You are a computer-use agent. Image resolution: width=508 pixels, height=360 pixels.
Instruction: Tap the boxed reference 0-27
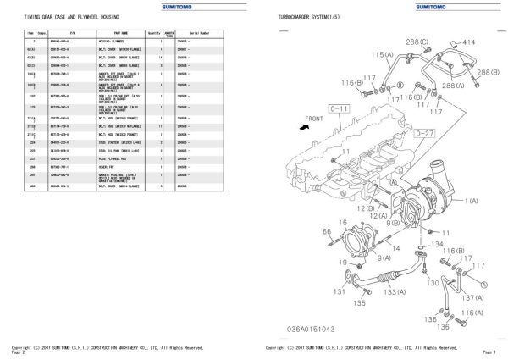click(x=424, y=133)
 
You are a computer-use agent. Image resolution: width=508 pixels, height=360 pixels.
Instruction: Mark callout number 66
click(x=326, y=230)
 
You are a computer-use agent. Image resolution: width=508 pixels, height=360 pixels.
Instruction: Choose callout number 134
click(x=436, y=243)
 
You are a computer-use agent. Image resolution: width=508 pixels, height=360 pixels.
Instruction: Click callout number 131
click(x=339, y=292)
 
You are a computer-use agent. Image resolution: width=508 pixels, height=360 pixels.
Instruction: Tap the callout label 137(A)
click(x=474, y=297)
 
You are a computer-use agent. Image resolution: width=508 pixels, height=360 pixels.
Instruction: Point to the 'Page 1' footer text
click(x=489, y=351)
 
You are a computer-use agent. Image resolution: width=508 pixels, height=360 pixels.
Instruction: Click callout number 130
click(x=433, y=282)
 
